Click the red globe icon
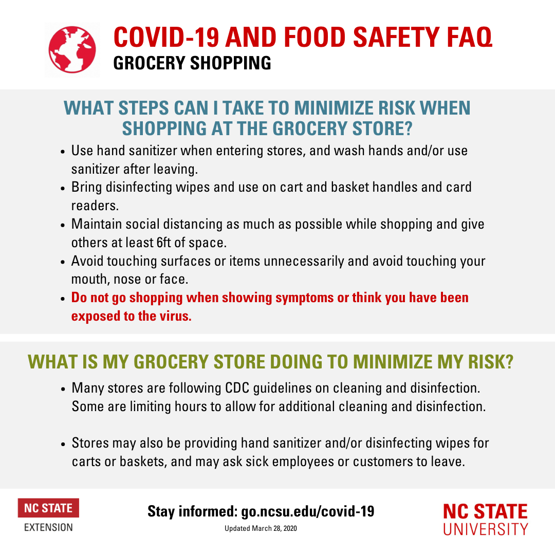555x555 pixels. [x=72, y=50]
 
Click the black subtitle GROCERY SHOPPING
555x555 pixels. [x=192, y=63]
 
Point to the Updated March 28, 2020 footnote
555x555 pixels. [x=261, y=529]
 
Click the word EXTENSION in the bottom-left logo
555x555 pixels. [x=48, y=527]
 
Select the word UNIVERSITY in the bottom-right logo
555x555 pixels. [x=485, y=529]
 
